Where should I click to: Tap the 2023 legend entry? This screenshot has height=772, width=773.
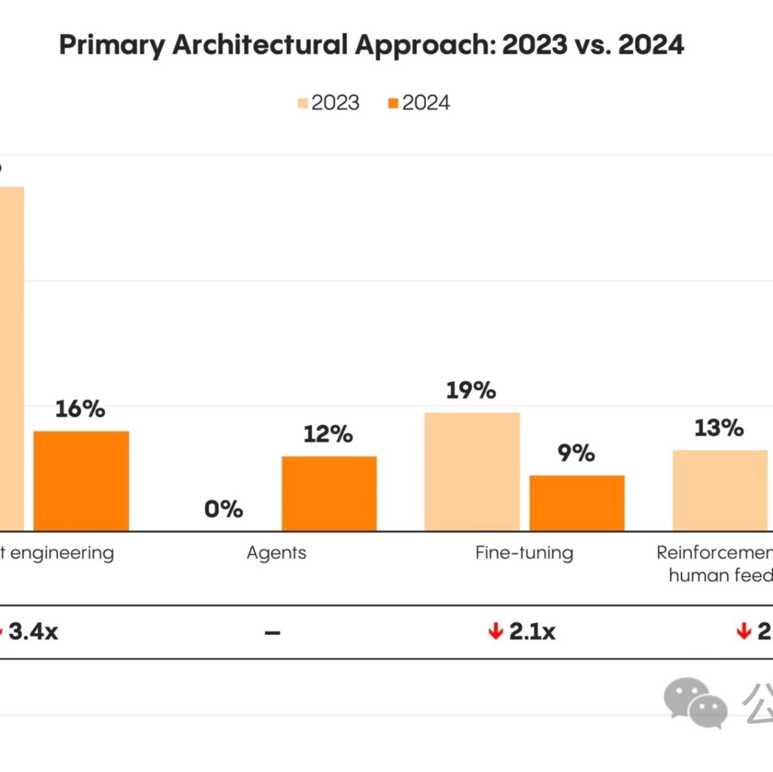[329, 103]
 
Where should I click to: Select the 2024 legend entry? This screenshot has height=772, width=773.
[419, 103]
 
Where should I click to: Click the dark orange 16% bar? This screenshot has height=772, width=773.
[81, 481]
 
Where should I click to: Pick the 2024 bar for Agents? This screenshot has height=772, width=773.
[329, 494]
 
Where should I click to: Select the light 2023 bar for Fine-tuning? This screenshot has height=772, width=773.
[472, 472]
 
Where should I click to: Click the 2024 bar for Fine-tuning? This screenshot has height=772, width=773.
[577, 503]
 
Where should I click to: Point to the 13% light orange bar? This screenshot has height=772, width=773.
[720, 491]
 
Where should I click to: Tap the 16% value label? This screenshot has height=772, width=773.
[80, 409]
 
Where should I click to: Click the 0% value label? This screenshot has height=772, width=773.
[223, 509]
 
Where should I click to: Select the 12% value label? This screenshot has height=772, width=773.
[328, 434]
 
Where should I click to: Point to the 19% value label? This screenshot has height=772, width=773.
[471, 391]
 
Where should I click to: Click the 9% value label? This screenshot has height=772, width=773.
[576, 453]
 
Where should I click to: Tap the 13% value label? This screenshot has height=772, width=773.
[719, 428]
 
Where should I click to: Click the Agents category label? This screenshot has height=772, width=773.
[277, 553]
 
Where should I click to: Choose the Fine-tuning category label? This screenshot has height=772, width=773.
[524, 553]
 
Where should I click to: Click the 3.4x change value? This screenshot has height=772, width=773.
[33, 632]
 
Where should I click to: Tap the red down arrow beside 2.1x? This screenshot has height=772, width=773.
[496, 632]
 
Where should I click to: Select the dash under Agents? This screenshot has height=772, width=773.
[272, 633]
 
